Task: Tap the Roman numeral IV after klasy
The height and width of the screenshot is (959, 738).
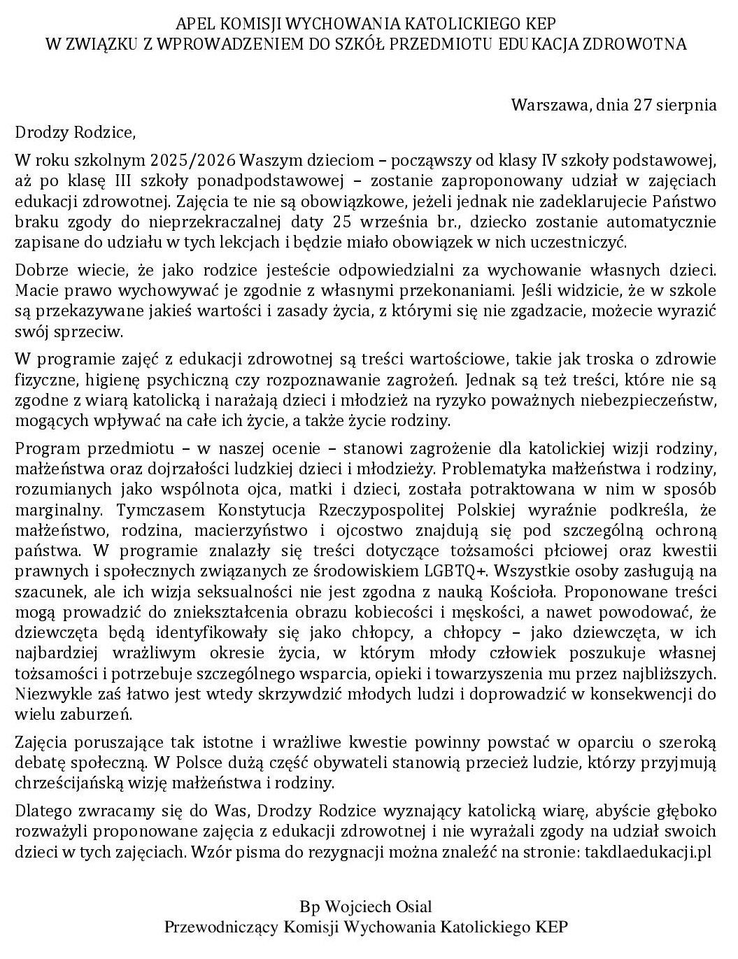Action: coord(551,159)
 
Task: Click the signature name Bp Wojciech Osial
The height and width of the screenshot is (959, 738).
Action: coord(366,907)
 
